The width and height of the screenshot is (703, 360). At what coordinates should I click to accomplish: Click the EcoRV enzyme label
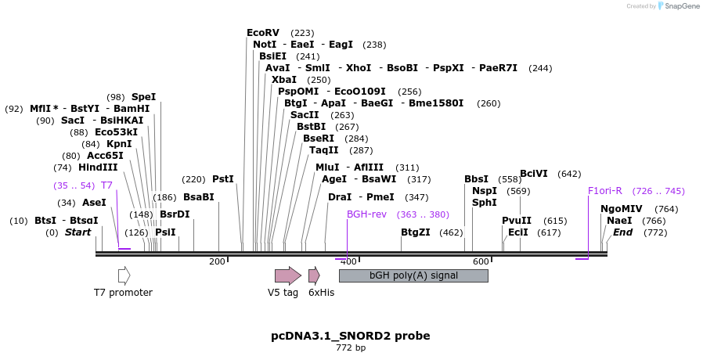coord(262,33)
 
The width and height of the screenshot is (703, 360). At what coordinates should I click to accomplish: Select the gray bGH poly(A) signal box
coord(413,275)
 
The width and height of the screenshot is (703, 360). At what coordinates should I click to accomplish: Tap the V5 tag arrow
coord(287,275)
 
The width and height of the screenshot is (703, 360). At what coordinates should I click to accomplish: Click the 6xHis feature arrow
coord(314,275)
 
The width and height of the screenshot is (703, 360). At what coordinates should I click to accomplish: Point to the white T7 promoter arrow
coord(124,275)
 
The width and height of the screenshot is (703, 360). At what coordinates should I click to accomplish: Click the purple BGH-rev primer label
coord(366,214)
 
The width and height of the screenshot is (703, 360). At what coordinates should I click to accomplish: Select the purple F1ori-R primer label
coord(605,191)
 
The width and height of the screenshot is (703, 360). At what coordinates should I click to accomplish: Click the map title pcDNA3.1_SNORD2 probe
coord(351,336)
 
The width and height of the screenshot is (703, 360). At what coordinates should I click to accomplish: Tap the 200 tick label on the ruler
coord(217,261)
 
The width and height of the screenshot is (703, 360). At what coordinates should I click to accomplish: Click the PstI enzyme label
coord(223,179)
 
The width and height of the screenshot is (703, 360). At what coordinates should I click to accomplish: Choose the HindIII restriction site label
coord(98,167)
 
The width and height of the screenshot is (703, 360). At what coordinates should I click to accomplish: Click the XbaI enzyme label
coord(284,80)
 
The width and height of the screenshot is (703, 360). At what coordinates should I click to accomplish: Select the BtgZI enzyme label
coord(416,232)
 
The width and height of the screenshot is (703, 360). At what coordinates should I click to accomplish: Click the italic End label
coord(622,232)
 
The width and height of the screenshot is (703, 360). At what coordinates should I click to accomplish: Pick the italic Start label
coord(78,232)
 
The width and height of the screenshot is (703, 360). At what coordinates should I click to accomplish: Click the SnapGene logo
coord(680,6)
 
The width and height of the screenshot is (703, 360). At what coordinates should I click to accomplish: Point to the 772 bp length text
coord(351,348)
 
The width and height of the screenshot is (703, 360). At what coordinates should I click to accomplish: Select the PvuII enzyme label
coord(517,221)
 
